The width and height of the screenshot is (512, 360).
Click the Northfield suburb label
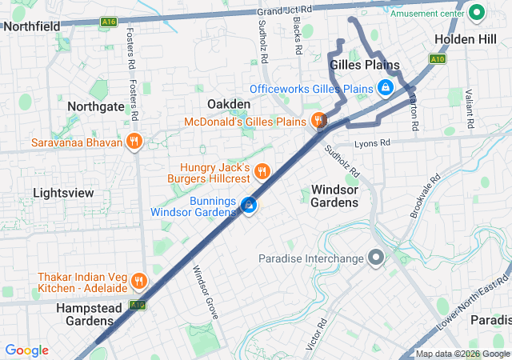tap(32, 26)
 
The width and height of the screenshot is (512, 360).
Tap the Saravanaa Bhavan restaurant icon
tap(134, 143)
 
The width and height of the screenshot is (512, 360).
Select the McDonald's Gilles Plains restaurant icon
tap(318, 122)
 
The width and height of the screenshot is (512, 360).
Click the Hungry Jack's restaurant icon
tap(261, 171)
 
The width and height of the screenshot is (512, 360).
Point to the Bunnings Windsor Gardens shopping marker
tap(250, 206)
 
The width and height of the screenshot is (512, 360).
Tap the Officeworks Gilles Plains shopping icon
tap(386, 88)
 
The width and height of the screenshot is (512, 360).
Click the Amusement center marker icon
tap(478, 13)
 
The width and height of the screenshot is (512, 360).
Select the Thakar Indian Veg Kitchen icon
tap(139, 281)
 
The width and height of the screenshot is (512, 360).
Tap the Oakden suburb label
tap(229, 104)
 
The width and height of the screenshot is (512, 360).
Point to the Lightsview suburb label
tap(64, 193)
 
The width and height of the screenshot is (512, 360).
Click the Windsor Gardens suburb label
tap(334, 196)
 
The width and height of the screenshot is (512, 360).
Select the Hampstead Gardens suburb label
tap(84, 314)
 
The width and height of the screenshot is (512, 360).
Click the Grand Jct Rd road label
tap(284, 10)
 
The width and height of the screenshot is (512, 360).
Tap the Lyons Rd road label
tap(372, 142)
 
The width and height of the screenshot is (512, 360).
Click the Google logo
tap(26, 350)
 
